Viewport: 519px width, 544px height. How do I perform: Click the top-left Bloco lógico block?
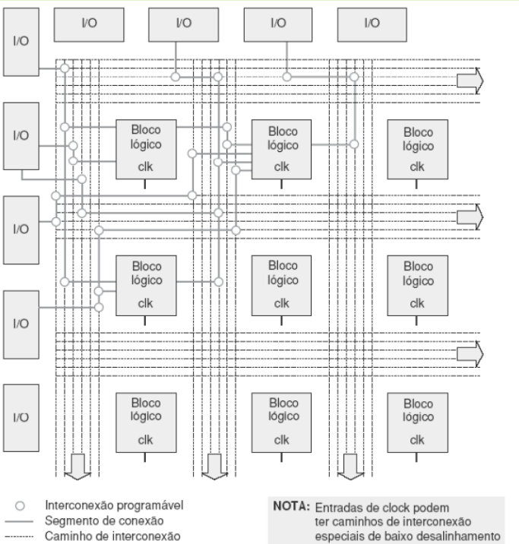pos(146,148)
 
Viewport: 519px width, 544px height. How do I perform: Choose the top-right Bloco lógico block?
pos(417,148)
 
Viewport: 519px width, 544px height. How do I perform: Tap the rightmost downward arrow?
pos(350,466)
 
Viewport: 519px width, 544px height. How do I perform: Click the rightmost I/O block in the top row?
pos(372,25)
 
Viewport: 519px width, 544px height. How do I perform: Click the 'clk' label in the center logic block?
pos(281,302)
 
